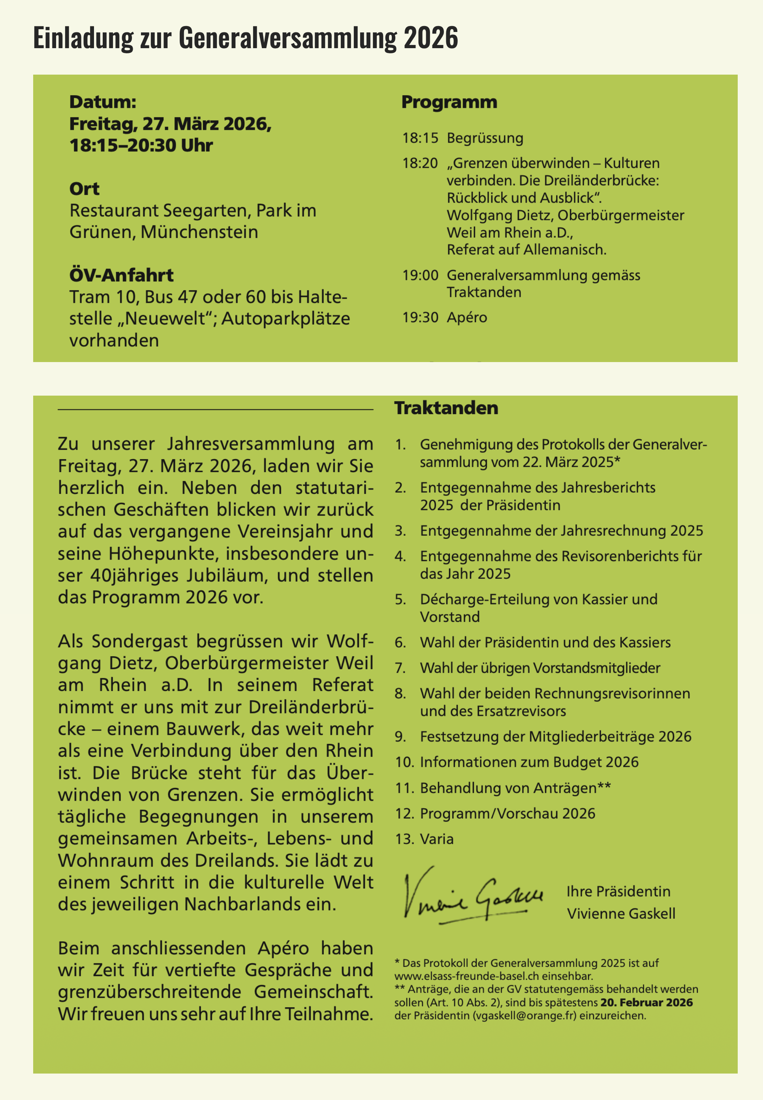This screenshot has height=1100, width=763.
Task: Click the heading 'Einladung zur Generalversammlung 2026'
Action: pyautogui.click(x=245, y=38)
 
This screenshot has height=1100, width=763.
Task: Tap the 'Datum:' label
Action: pyautogui.click(x=103, y=102)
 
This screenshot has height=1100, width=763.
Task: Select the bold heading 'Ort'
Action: pyautogui.click(x=84, y=189)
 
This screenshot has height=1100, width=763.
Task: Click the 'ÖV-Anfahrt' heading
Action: pyautogui.click(x=121, y=275)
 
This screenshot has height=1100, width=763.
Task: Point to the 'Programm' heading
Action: pyautogui.click(x=449, y=102)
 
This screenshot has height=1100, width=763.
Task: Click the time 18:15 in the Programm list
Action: pyautogui.click(x=420, y=138)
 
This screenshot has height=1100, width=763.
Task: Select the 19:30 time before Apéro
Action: pyautogui.click(x=420, y=317)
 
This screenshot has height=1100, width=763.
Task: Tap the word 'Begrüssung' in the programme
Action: pyautogui.click(x=485, y=138)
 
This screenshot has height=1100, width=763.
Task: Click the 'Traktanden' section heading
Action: pyautogui.click(x=445, y=407)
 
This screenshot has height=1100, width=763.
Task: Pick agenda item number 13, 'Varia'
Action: pyautogui.click(x=436, y=839)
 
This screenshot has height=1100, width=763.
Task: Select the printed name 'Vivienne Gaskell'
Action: pyautogui.click(x=620, y=913)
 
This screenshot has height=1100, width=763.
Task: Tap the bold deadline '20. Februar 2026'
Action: pyautogui.click(x=646, y=1002)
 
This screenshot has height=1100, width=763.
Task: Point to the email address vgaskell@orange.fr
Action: pyautogui.click(x=524, y=1016)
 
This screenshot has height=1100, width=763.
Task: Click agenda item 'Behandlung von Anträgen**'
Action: pyautogui.click(x=515, y=787)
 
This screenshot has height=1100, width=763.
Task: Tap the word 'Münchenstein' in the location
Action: pyautogui.click(x=199, y=232)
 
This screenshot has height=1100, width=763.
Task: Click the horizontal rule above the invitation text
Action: pyautogui.click(x=215, y=409)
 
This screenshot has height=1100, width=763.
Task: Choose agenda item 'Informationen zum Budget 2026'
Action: pyautogui.click(x=529, y=762)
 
